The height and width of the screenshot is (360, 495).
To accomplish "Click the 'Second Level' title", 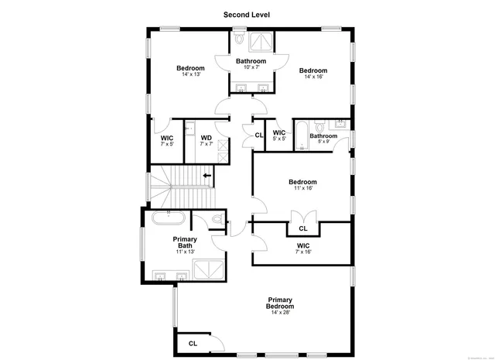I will [x=247, y=14].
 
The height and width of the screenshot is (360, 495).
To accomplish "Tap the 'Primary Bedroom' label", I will [x=280, y=303].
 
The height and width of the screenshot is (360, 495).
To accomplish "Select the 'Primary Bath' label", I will [x=185, y=242].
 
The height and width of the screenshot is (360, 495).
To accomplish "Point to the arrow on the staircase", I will [x=207, y=176].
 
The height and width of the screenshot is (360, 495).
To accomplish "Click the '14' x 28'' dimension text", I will [x=280, y=314].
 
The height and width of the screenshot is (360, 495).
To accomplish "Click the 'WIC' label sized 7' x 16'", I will [x=303, y=245].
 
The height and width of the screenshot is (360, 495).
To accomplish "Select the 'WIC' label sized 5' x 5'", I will [x=279, y=132].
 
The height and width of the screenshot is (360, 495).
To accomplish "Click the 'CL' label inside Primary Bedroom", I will [x=193, y=343].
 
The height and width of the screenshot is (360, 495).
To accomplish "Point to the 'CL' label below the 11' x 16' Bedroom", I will [x=303, y=228].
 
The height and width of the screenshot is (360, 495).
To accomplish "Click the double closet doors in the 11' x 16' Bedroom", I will [x=298, y=217].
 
